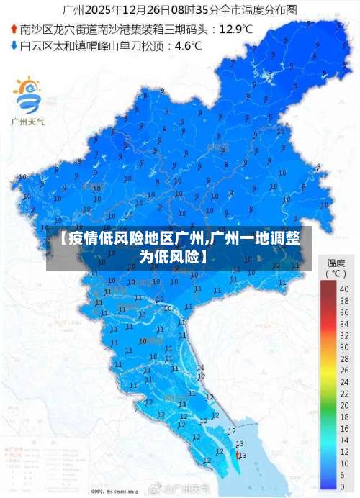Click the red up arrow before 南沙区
pos(14,30)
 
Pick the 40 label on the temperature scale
pos(344,289)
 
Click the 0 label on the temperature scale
pos(343,486)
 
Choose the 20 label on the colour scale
pos(344,387)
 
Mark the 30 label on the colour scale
pos(344,338)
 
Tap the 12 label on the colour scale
pos(344,427)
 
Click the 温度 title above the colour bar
pos(336,263)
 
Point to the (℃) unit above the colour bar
pos(336,273)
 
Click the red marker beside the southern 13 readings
pos(238,454)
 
